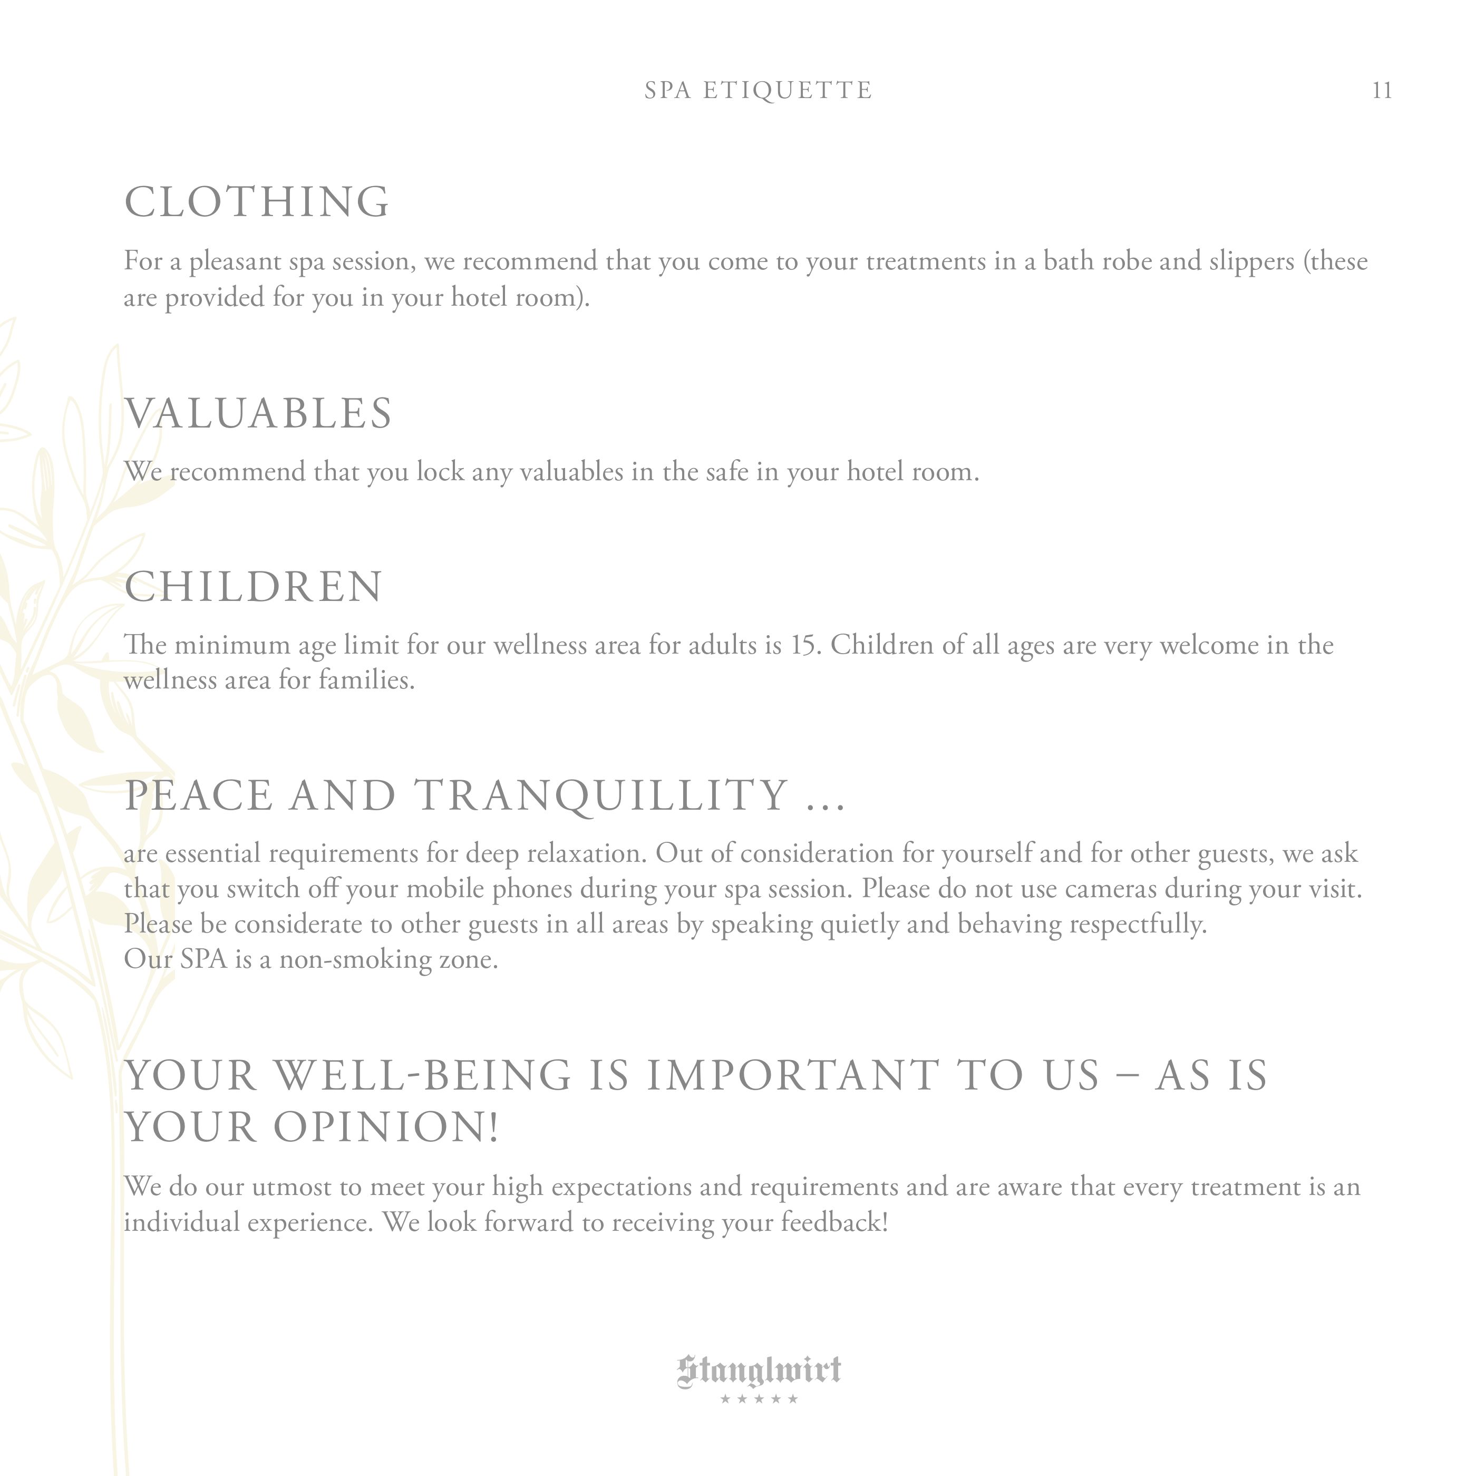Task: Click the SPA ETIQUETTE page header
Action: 758,91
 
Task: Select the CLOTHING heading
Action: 257,202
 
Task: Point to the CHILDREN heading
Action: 253,587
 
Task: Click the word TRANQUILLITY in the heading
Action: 603,795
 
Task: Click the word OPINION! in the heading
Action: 386,1128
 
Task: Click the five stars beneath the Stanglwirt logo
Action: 759,1400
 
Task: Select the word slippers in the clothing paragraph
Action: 1250,262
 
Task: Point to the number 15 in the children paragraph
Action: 804,646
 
